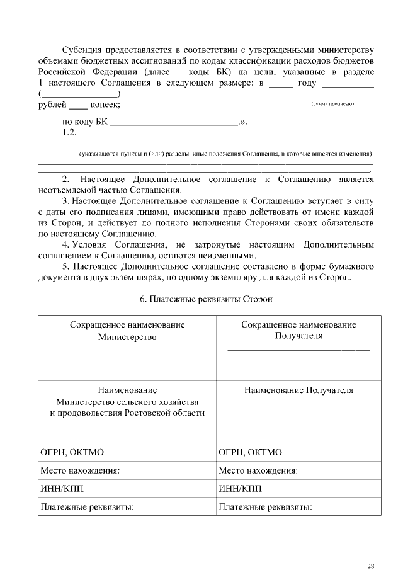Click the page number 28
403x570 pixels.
pos(371,549)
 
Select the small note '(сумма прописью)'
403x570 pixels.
pos(332,104)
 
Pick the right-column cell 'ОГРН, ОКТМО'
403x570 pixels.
pos(250,452)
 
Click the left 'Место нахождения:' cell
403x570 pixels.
pos(80,470)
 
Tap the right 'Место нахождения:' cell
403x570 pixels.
pos(258,470)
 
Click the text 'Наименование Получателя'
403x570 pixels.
pos(298,390)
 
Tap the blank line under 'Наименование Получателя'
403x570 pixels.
pos(298,416)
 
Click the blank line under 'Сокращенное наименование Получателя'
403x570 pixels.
pos(298,348)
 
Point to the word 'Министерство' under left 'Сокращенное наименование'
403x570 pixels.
pos(127,336)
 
